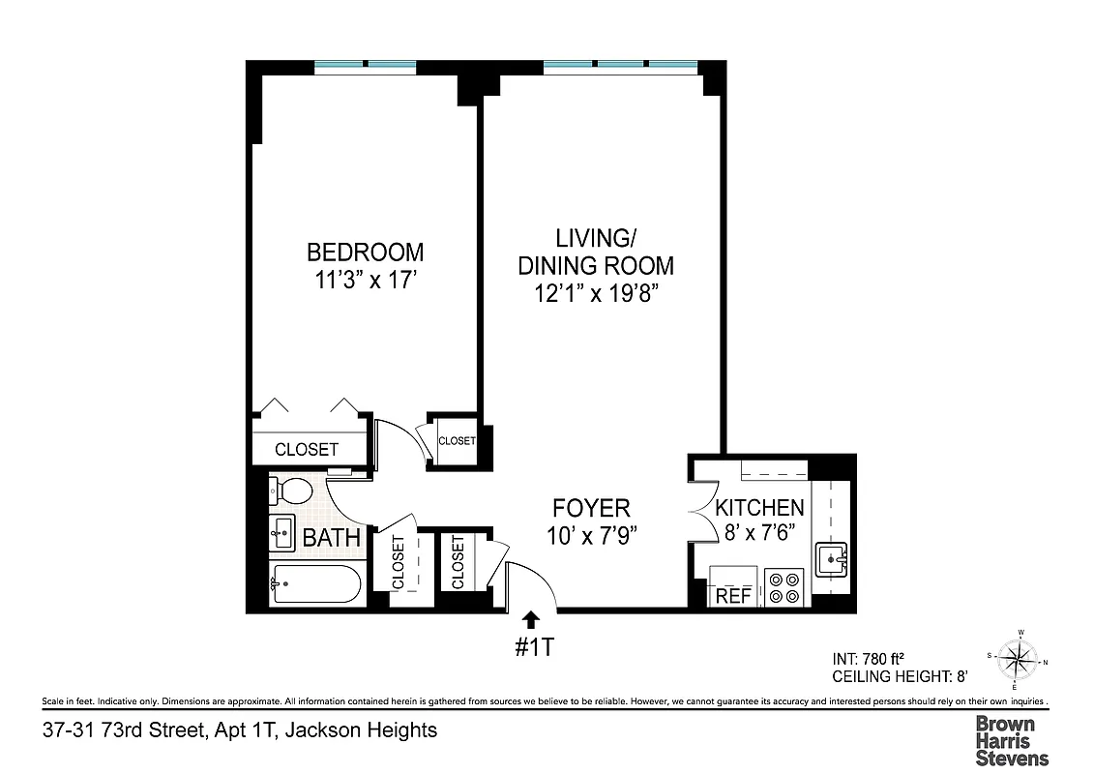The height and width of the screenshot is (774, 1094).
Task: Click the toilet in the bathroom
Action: tap(293, 491)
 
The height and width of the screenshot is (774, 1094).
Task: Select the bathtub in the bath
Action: tap(316, 583)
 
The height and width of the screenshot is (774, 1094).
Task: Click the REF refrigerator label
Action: tap(733, 596)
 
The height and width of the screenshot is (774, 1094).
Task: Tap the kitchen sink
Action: tap(832, 560)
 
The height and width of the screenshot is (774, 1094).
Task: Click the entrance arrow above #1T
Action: tap(531, 620)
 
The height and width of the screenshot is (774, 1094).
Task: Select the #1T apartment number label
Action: tap(532, 647)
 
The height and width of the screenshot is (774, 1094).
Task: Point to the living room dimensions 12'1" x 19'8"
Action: tap(595, 293)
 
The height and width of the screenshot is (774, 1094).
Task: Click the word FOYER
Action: tap(591, 508)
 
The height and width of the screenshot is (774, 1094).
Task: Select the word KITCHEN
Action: tap(759, 508)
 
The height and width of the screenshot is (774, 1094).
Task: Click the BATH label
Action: tap(332, 538)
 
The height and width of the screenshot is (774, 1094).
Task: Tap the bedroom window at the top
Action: tap(366, 66)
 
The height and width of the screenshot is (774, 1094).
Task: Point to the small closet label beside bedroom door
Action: tap(457, 441)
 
